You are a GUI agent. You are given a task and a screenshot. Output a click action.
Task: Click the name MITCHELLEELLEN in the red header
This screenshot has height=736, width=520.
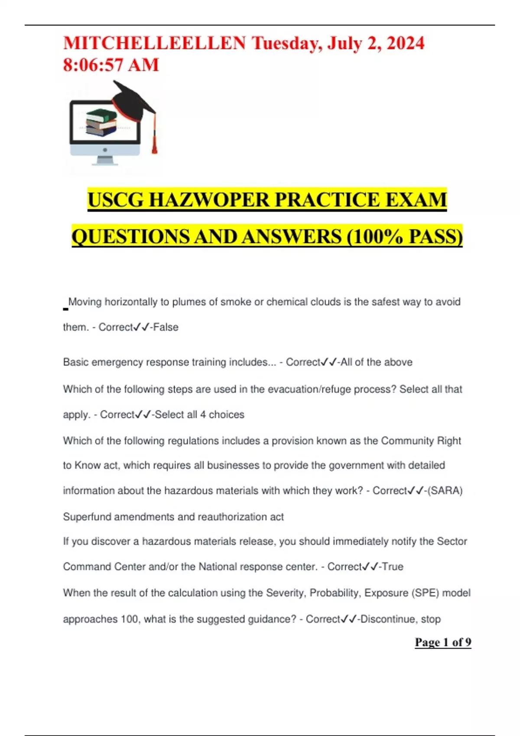(x=154, y=43)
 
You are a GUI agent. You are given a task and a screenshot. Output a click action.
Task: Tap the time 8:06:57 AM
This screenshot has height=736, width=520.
(x=111, y=65)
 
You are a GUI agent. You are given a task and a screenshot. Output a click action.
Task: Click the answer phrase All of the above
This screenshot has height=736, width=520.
(x=377, y=362)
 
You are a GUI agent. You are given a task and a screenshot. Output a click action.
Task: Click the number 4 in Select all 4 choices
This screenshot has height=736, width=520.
(x=203, y=415)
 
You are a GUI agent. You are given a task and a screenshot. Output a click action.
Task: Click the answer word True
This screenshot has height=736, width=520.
(x=393, y=567)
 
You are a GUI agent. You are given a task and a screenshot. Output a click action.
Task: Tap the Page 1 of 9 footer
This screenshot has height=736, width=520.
(x=443, y=642)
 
